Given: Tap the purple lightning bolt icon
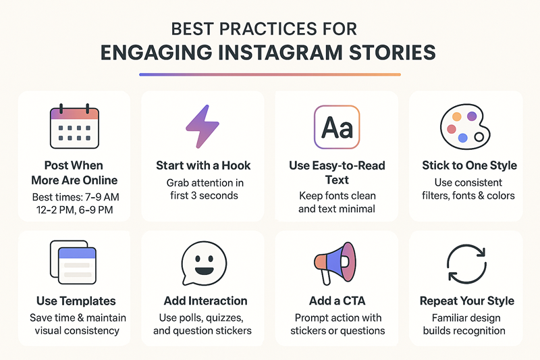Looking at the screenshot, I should coord(201,127).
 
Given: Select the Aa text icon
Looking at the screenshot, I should coord(337,127).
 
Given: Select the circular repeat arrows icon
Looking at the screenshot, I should coord(466,264).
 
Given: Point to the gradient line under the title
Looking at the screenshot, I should coord(270,74).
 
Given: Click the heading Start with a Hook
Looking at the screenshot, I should coord(202,165).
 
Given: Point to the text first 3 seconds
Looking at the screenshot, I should coord(202,196).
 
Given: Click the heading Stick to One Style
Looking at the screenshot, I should coord(470,165).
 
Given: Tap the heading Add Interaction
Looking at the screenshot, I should coord(205,301).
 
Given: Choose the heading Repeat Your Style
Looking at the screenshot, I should coord(467,301).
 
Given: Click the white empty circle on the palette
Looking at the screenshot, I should coord(479,137).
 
